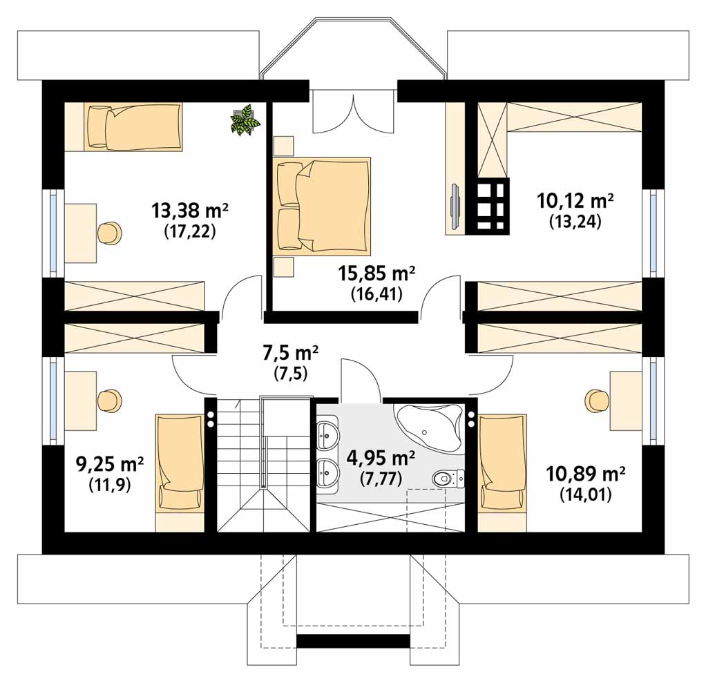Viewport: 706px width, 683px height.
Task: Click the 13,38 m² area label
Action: (189, 210)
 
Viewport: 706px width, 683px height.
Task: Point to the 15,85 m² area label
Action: (376, 273)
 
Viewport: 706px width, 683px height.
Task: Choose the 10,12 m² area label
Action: (575, 201)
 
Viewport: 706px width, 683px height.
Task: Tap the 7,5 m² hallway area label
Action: (290, 354)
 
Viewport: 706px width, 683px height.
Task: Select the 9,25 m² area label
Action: (110, 464)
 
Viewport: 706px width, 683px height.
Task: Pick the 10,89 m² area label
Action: (585, 474)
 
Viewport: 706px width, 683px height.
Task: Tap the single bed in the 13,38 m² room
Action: (133, 126)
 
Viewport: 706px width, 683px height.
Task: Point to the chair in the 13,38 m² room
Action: (109, 233)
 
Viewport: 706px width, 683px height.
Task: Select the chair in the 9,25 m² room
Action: (109, 401)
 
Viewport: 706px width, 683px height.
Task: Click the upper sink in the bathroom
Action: (327, 435)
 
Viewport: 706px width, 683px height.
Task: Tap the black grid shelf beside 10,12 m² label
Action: (488, 206)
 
